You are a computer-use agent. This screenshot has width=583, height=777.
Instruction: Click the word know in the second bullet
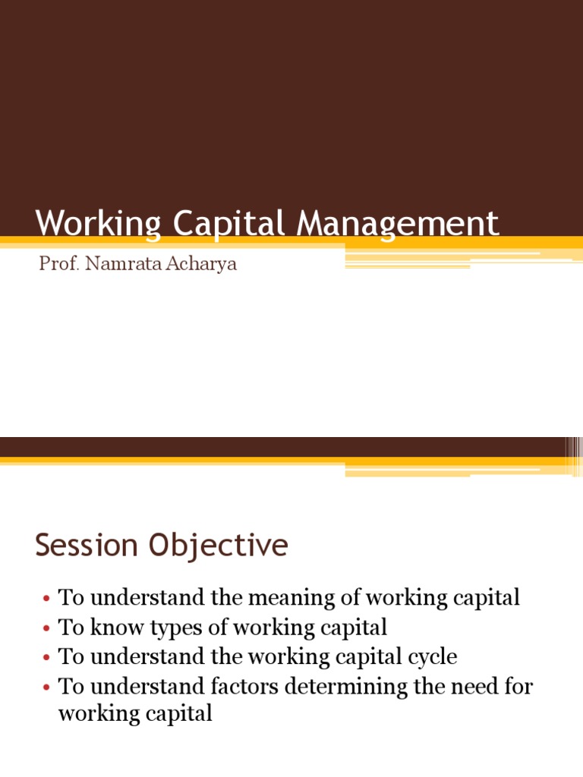(x=111, y=628)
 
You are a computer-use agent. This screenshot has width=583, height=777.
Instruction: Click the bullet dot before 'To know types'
(x=46, y=628)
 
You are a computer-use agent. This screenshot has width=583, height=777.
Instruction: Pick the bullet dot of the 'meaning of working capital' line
(x=46, y=599)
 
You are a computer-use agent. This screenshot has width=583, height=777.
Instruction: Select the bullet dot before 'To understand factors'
(x=46, y=687)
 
